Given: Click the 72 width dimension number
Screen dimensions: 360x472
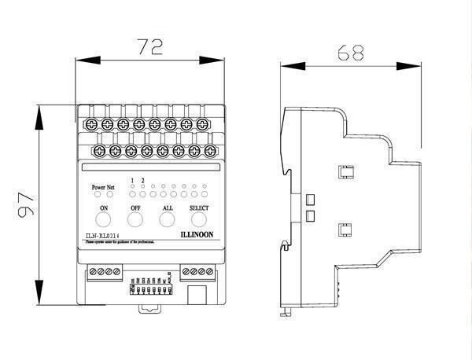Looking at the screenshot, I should pyautogui.click(x=150, y=46).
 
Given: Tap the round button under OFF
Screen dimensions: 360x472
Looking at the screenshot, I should pyautogui.click(x=135, y=219).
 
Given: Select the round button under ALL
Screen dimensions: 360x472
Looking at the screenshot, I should pyautogui.click(x=167, y=219).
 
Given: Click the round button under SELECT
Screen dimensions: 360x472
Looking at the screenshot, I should pyautogui.click(x=199, y=219).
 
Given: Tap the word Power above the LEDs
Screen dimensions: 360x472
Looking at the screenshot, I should pyautogui.click(x=98, y=187).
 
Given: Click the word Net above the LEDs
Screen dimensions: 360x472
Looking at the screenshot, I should pyautogui.click(x=111, y=187).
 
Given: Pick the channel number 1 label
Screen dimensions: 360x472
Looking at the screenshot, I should pyautogui.click(x=132, y=180).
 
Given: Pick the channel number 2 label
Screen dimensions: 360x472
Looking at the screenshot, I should pyautogui.click(x=142, y=180).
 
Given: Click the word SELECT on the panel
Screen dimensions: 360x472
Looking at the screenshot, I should pyautogui.click(x=200, y=207).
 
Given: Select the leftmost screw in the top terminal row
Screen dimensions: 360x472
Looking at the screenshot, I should pyautogui.click(x=92, y=123).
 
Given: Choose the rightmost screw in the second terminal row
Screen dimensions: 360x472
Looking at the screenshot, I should pyautogui.click(x=210, y=149).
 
